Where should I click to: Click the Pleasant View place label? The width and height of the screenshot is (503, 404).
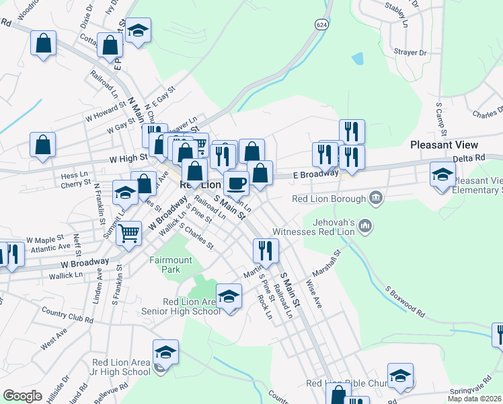444,145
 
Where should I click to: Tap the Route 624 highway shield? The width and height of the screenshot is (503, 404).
322,24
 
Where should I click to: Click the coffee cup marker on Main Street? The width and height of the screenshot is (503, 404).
236,182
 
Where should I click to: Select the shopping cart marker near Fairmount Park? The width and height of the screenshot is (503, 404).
128,233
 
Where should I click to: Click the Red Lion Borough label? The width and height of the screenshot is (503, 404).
329,199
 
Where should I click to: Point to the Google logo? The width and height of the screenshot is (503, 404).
23,396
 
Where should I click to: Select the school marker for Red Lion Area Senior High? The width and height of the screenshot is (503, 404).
229,296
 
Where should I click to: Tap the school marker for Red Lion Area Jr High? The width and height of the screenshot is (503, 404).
165,351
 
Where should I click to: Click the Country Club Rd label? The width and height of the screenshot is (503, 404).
65,314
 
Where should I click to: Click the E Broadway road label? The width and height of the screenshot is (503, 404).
315,174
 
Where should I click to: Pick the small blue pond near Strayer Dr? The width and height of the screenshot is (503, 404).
357,59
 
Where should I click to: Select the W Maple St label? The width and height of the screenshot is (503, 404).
45,239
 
